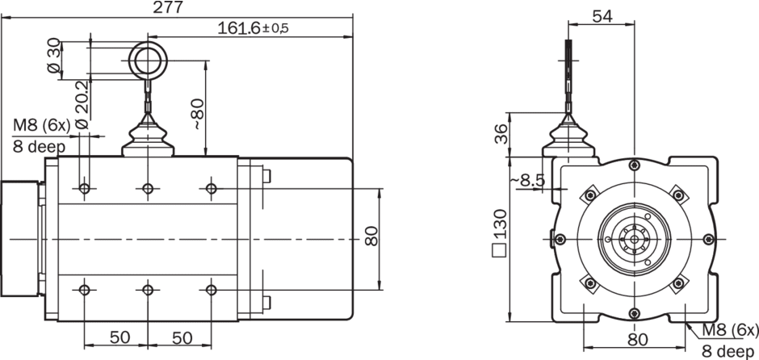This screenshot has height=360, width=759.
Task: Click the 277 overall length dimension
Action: [168, 7]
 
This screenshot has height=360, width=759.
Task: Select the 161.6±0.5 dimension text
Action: [253, 27]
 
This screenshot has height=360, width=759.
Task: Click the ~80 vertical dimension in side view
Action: [196, 112]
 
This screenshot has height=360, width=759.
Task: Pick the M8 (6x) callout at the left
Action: [40, 125]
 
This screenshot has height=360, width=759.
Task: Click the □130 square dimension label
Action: [500, 235]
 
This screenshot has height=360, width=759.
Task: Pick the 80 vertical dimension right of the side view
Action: [371, 237]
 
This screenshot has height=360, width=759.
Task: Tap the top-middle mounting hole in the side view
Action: [147, 189]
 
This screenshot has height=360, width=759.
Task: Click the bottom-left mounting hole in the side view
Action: [85, 289]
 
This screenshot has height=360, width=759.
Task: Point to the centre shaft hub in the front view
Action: [633, 240]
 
